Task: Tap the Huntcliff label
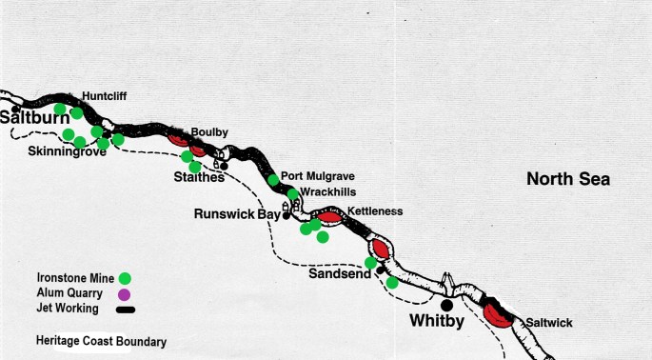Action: coord(104,96)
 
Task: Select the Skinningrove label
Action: coord(67,151)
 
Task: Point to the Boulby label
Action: coord(208,131)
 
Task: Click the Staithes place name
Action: coord(199,176)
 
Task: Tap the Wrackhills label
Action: coord(327,191)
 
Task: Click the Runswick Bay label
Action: coord(237,214)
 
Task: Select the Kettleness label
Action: coord(375,210)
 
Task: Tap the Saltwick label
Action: coord(546,323)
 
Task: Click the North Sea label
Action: coord(567,179)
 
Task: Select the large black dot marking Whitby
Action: coord(445,305)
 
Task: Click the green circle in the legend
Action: coord(124,279)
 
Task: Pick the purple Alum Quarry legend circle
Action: coord(124,294)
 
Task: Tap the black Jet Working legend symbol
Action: coord(125,309)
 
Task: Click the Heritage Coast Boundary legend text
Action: coord(101,341)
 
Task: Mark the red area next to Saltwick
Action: coord(497,314)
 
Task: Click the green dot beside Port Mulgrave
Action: coord(273,180)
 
